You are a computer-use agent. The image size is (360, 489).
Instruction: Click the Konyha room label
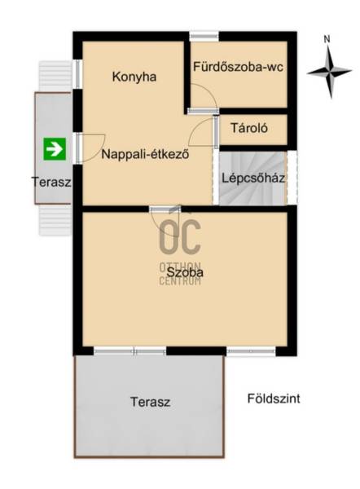134,77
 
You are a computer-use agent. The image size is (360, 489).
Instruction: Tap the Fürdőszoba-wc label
238,67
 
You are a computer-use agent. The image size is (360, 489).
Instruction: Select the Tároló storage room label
249,128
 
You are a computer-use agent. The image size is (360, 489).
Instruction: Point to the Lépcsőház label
253,178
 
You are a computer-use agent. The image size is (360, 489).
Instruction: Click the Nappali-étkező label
145,154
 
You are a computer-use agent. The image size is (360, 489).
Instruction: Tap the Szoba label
185,272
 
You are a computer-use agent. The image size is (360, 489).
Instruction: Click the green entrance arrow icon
55,149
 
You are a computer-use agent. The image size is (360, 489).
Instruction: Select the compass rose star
329,72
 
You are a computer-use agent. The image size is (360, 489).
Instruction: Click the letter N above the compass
327,39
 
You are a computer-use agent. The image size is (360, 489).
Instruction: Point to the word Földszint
274,399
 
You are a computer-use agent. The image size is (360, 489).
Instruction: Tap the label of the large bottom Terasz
150,402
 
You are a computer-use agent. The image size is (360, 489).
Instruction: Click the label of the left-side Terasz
51,182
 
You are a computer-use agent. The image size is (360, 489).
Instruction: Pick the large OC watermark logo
180,236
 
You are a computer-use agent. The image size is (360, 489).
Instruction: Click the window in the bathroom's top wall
204,36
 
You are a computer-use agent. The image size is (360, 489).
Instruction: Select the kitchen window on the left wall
78,74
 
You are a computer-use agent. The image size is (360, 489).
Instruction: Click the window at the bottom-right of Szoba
251,351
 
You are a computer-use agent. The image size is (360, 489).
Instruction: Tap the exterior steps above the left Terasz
55,76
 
